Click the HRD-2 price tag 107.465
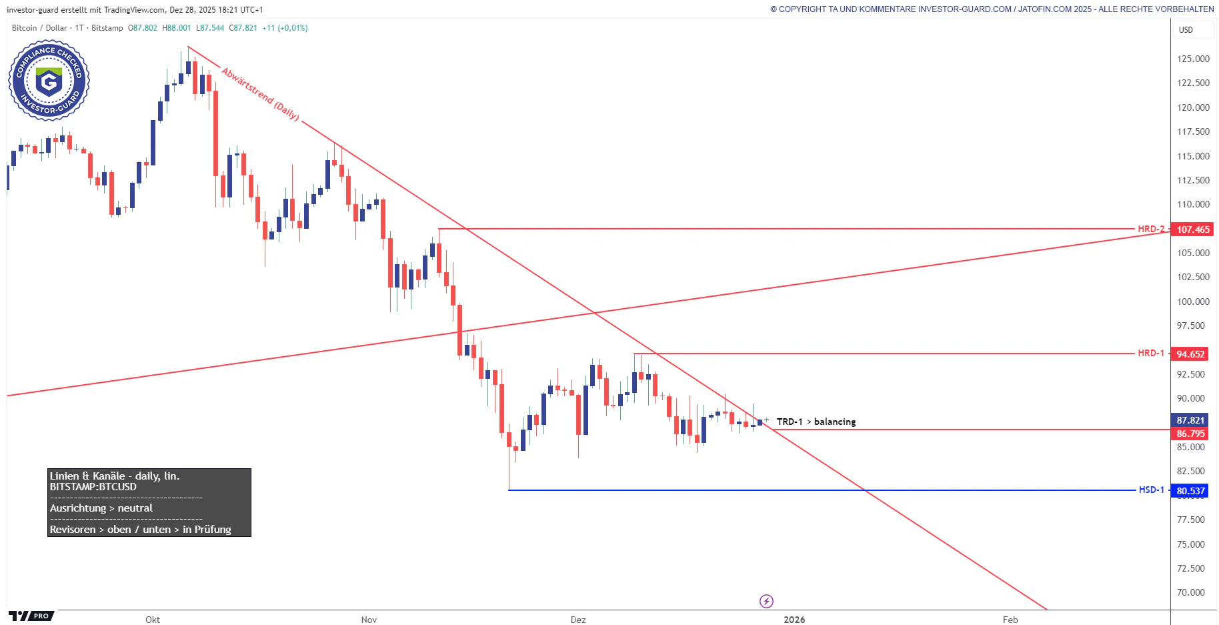click(x=1192, y=229)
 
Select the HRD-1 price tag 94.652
click(x=1190, y=354)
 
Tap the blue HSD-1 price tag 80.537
click(x=1190, y=491)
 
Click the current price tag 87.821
click(x=1190, y=420)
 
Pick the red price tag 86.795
click(x=1190, y=434)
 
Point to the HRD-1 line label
click(x=1150, y=353)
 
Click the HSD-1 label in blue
click(x=1151, y=490)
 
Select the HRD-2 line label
click(x=1150, y=229)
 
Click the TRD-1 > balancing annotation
click(x=816, y=422)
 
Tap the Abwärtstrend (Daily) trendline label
click(x=260, y=93)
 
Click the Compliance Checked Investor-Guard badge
click(x=49, y=81)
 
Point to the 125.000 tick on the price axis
click(x=1193, y=59)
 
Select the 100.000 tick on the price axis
click(x=1193, y=301)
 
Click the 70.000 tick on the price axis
click(x=1190, y=592)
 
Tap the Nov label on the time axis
click(x=369, y=620)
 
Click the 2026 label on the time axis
click(x=794, y=620)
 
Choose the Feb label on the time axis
click(x=1010, y=620)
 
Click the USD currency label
click(x=1186, y=30)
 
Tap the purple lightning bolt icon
click(x=766, y=602)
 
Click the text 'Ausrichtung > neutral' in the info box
click(x=101, y=508)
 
